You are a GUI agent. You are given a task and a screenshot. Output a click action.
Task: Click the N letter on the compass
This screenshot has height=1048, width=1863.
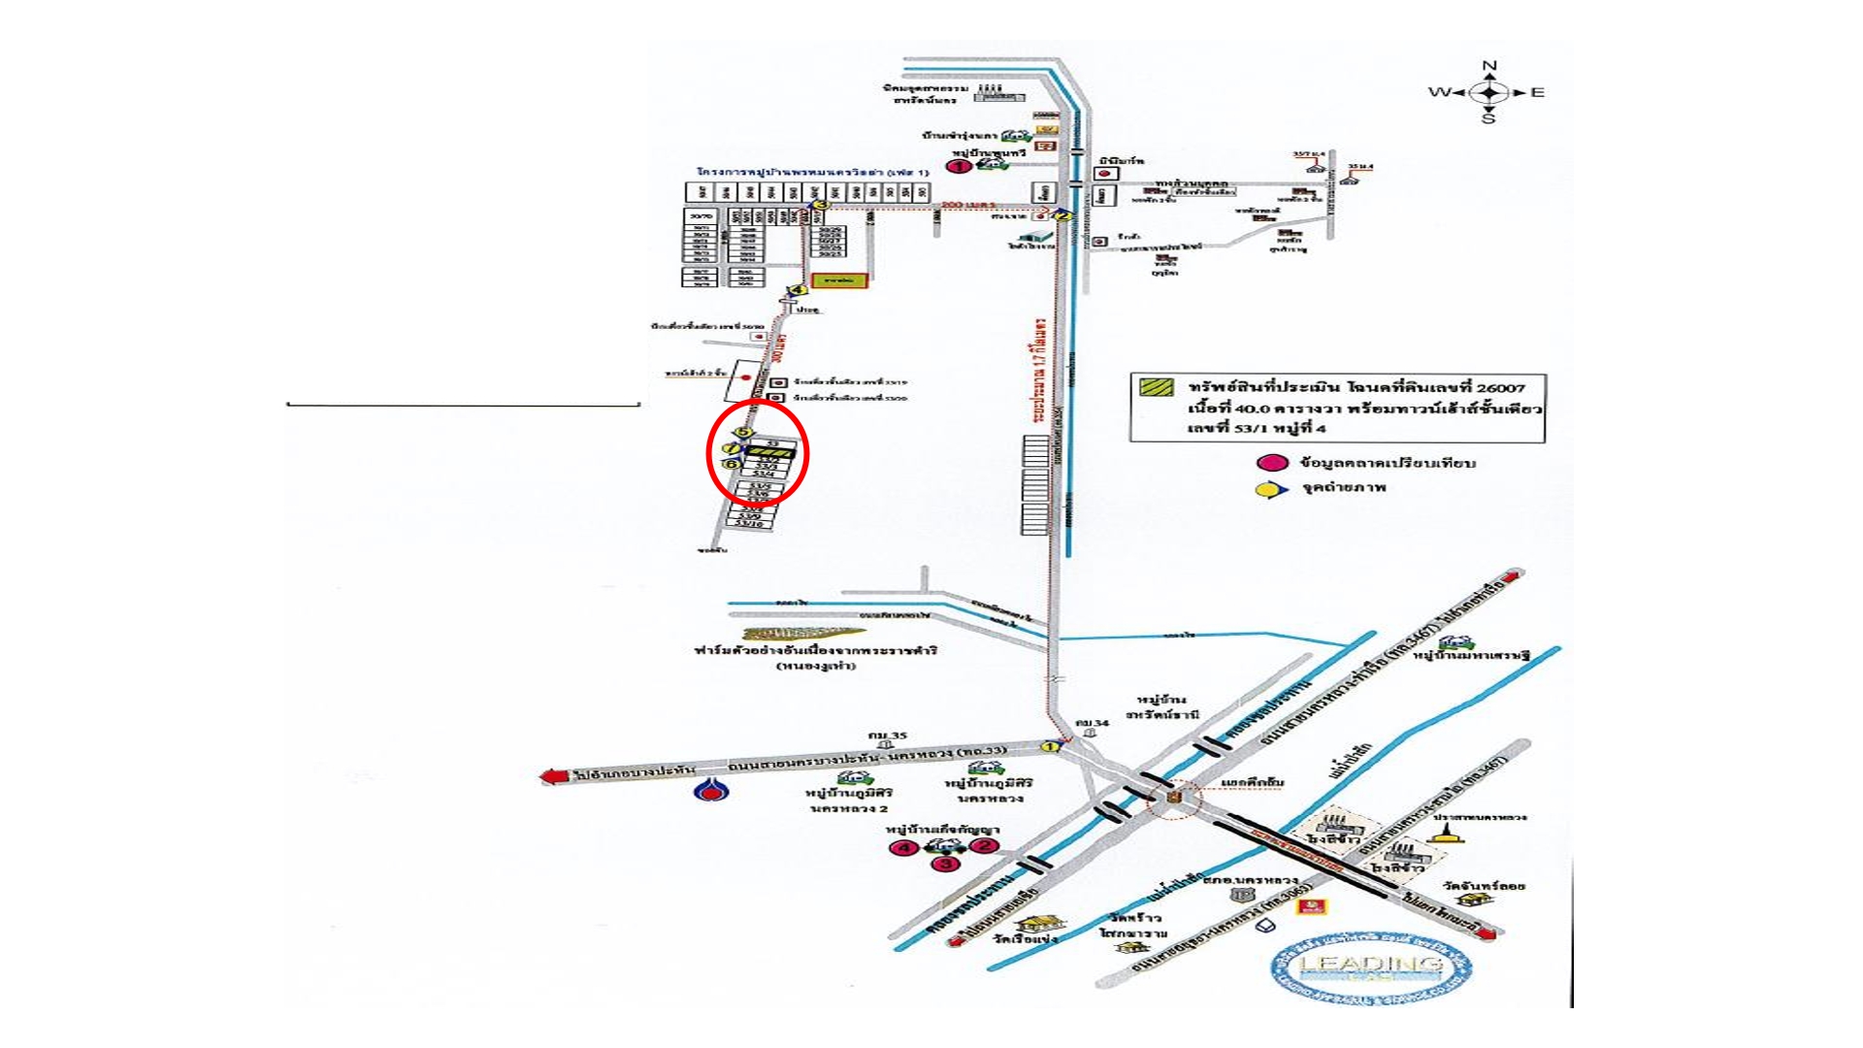pos(1489,66)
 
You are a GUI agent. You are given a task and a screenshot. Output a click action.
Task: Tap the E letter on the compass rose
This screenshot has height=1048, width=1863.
pos(1537,93)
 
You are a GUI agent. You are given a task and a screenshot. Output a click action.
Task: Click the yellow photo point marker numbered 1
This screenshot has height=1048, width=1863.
pos(1048,746)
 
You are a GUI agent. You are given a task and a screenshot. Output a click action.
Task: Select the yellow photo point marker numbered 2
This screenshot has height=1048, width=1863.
pos(1063,216)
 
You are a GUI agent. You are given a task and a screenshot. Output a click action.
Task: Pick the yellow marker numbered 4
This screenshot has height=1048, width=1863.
pos(798,289)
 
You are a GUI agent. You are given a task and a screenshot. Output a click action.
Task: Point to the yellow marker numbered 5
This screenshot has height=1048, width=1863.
pos(743,432)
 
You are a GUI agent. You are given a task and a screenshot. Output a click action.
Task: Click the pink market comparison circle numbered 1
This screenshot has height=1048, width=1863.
pos(961,167)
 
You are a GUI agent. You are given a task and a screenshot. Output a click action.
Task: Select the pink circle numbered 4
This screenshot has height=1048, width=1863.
pos(904,848)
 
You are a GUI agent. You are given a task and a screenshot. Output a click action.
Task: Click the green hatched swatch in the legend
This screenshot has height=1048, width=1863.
pos(1156,387)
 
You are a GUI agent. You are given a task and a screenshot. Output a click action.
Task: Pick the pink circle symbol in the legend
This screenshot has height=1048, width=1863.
pos(1272,463)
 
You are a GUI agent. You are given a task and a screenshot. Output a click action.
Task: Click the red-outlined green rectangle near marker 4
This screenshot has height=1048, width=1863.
pos(840,279)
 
